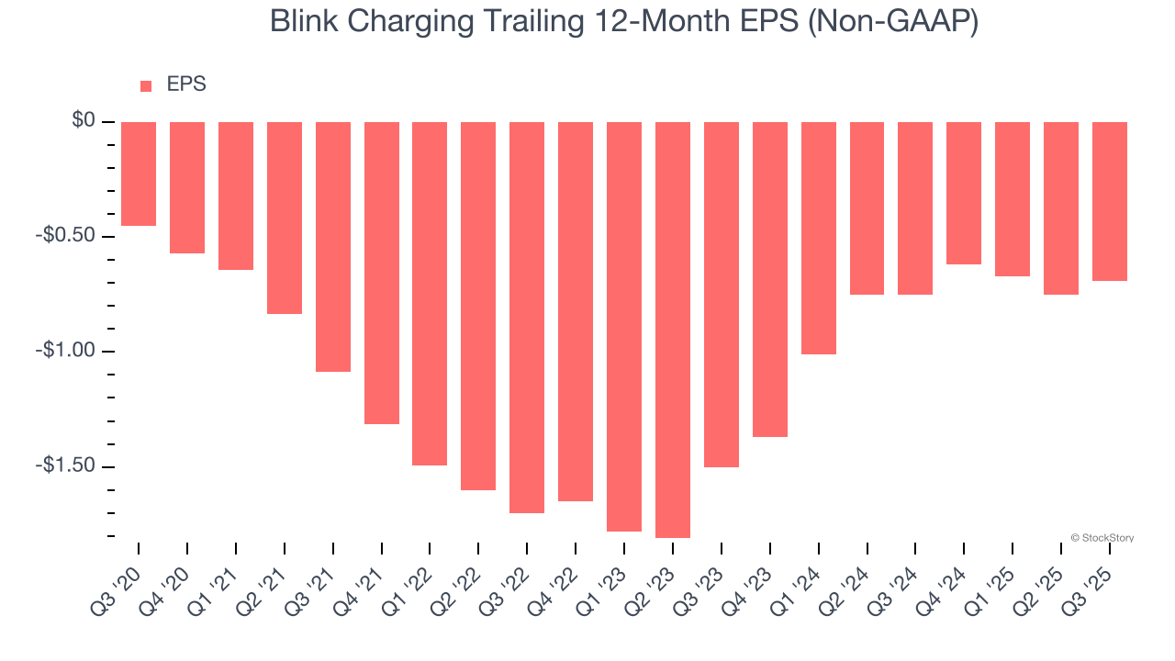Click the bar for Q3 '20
coord(139,174)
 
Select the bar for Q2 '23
coord(673,330)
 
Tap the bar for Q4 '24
coord(964,193)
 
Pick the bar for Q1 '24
coord(818,238)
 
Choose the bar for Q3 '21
coord(333,246)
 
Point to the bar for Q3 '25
coord(1110,201)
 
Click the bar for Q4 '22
coord(576,311)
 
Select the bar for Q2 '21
coord(285,218)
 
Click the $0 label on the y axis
coord(84,121)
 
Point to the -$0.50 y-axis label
coord(66,236)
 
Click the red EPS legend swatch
coord(146,86)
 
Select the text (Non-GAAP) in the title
coord(896,21)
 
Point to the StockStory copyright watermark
coord(1102,538)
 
